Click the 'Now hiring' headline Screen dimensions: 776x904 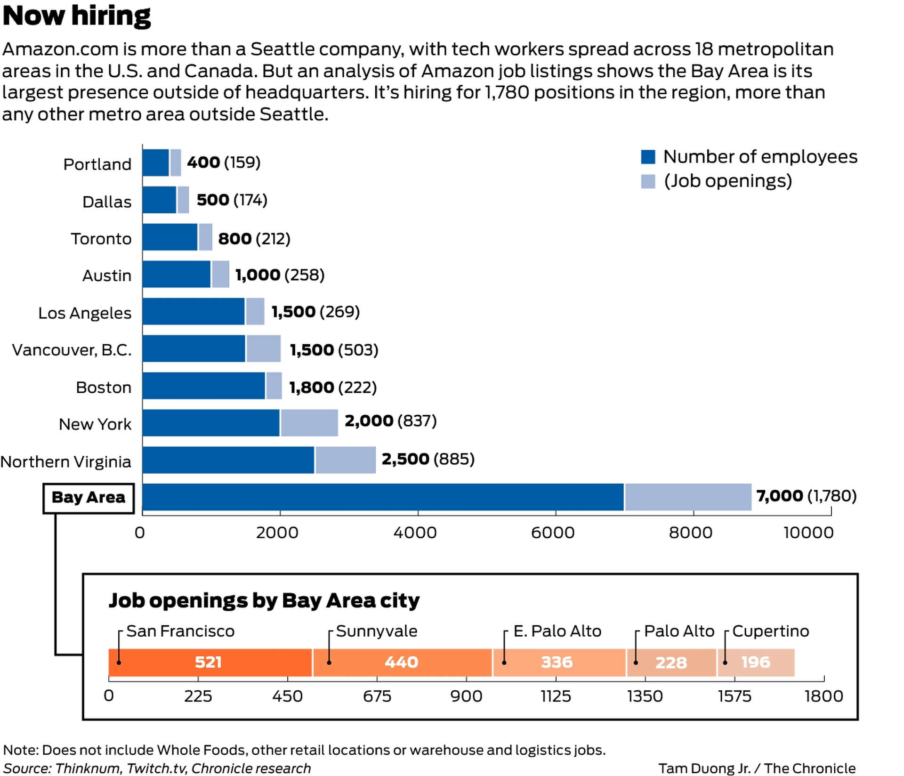pyautogui.click(x=76, y=16)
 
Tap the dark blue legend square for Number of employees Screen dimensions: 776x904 pyautogui.click(x=648, y=157)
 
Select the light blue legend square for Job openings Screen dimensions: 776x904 pyautogui.click(x=648, y=181)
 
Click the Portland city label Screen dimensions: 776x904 pyautogui.click(x=97, y=164)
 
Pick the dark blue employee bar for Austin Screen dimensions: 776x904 pyautogui.click(x=176, y=274)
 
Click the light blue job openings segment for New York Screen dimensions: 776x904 pyautogui.click(x=309, y=423)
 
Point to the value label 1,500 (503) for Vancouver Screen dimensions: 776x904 pyautogui.click(x=334, y=350)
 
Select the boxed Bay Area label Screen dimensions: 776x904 pyautogui.click(x=89, y=498)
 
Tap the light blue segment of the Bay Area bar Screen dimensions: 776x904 pyautogui.click(x=687, y=497)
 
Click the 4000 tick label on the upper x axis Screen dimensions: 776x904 pyautogui.click(x=415, y=533)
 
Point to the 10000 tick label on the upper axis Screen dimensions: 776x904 pyautogui.click(x=808, y=533)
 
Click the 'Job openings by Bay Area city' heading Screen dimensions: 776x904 pyautogui.click(x=264, y=601)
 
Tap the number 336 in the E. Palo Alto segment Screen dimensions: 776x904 pyautogui.click(x=557, y=663)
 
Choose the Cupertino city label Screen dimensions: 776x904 pyautogui.click(x=770, y=631)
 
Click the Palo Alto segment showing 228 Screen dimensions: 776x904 pyautogui.click(x=671, y=663)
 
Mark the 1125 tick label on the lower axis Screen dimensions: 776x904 pyautogui.click(x=556, y=696)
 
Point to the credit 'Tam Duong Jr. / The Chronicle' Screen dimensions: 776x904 pyautogui.click(x=757, y=768)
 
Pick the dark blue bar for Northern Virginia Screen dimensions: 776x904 pyautogui.click(x=228, y=460)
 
